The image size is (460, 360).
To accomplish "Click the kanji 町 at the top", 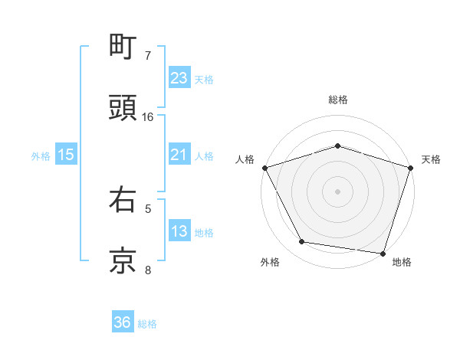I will tap(123, 47).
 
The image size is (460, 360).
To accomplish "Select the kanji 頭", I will tap(123, 108).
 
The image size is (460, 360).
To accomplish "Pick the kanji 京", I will tap(123, 260).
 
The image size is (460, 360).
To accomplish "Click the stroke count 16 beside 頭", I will tap(148, 117).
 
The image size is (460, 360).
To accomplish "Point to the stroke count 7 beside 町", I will tap(148, 56).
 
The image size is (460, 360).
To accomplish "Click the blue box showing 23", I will tap(179, 78).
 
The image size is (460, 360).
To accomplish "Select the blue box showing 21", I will tap(179, 155).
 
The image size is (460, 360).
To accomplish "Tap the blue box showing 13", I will tap(179, 231).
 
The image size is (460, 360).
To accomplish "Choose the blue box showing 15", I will tap(66, 155).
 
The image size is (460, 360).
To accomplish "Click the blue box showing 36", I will tap(123, 322).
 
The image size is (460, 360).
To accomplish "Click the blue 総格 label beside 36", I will tap(147, 324).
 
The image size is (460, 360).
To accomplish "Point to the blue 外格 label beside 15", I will tap(41, 155).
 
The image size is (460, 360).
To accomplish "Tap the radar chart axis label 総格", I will tap(338, 100).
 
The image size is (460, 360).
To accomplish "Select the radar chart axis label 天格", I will tap(431, 159).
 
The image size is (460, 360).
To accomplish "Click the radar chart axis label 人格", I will tap(245, 159).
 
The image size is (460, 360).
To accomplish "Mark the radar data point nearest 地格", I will tap(383, 253).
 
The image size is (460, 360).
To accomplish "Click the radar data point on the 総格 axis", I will tap(338, 146).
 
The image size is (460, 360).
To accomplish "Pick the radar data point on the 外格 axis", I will tap(302, 242).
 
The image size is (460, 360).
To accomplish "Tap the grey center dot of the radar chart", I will tap(338, 191).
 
